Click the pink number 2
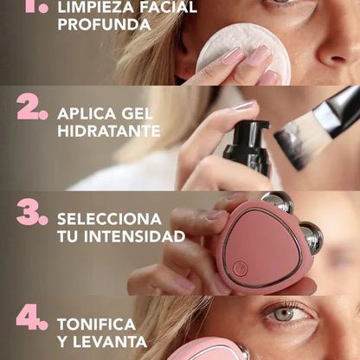[x=31, y=106]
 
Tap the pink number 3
[x=31, y=213]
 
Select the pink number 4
[x=31, y=318]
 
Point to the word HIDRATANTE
[x=108, y=132]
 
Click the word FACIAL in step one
[x=165, y=7]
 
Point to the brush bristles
[x=299, y=138]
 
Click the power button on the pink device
[x=240, y=268]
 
